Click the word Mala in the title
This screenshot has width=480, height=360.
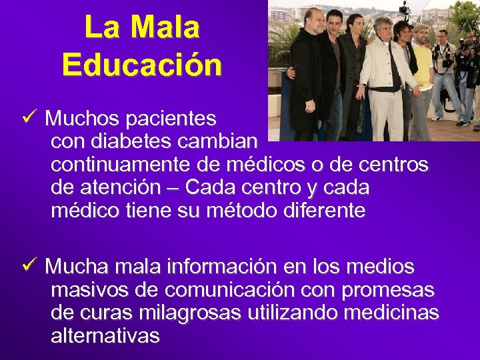click(x=165, y=27)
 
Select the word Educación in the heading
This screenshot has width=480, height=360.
click(x=142, y=65)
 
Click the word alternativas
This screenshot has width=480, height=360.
click(x=105, y=336)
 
